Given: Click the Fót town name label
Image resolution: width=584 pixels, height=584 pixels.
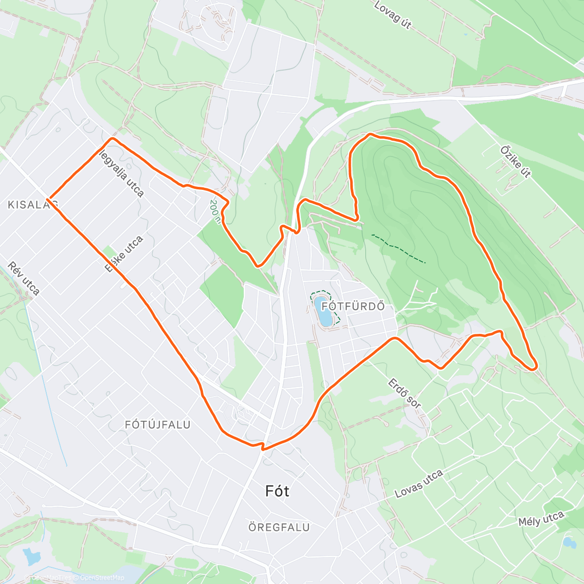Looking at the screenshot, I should (x=277, y=491).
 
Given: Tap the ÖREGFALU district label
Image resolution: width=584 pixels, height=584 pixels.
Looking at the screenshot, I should (x=279, y=528).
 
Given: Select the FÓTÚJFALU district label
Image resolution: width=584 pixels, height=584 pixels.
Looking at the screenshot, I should (x=158, y=425).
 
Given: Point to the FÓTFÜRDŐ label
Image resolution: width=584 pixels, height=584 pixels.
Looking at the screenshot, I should (x=353, y=307).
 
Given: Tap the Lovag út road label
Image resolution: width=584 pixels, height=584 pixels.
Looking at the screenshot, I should (x=393, y=15).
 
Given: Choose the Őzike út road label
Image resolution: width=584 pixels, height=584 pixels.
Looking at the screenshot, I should (x=515, y=162).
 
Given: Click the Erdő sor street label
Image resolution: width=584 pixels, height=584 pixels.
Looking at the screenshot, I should (x=404, y=393).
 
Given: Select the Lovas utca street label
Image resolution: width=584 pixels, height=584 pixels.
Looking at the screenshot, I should (x=419, y=484).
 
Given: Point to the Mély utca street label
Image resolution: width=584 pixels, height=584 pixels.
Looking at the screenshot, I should (x=541, y=519).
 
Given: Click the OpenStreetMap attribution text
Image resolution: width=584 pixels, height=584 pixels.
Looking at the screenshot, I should (x=102, y=578).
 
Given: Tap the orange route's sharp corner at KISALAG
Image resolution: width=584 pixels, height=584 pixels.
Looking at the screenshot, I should (x=48, y=199).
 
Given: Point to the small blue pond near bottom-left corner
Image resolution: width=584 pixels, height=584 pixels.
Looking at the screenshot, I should (x=31, y=556).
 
